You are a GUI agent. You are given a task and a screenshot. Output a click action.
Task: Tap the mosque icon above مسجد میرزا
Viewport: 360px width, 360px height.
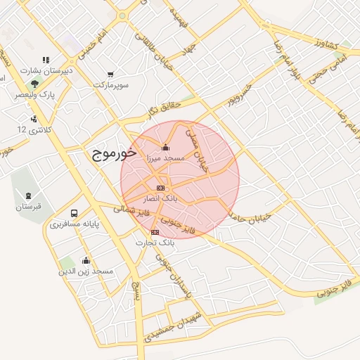pos(165,148)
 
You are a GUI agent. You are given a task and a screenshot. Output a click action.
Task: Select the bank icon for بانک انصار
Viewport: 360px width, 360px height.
pos(161,188)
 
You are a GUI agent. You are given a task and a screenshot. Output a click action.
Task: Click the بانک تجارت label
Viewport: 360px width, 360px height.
pos(155,243)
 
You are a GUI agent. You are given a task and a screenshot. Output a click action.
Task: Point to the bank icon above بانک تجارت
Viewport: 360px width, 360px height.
pos(155,232)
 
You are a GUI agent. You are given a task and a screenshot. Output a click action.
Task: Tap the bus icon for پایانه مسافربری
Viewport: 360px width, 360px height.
pos(75,213)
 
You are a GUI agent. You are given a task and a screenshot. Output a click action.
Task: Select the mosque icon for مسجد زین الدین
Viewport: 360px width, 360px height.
pos(86,260)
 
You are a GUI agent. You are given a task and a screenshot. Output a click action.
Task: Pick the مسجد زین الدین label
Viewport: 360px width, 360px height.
pos(86,271)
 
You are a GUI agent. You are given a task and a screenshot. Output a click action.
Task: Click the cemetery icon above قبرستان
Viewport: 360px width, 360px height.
pos(28,195)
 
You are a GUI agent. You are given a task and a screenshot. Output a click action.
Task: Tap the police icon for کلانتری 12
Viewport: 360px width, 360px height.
pos(33,119)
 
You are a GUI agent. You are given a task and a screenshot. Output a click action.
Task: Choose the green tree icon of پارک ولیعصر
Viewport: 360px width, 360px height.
pos(34,84)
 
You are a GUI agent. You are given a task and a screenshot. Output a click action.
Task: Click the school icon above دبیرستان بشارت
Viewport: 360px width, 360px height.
pos(46,60)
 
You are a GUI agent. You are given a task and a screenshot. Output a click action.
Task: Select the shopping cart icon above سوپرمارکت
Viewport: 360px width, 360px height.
pos(111,74)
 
